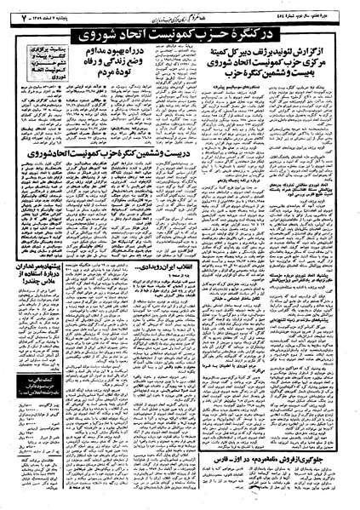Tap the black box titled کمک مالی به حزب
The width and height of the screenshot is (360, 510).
click(x=37, y=414)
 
